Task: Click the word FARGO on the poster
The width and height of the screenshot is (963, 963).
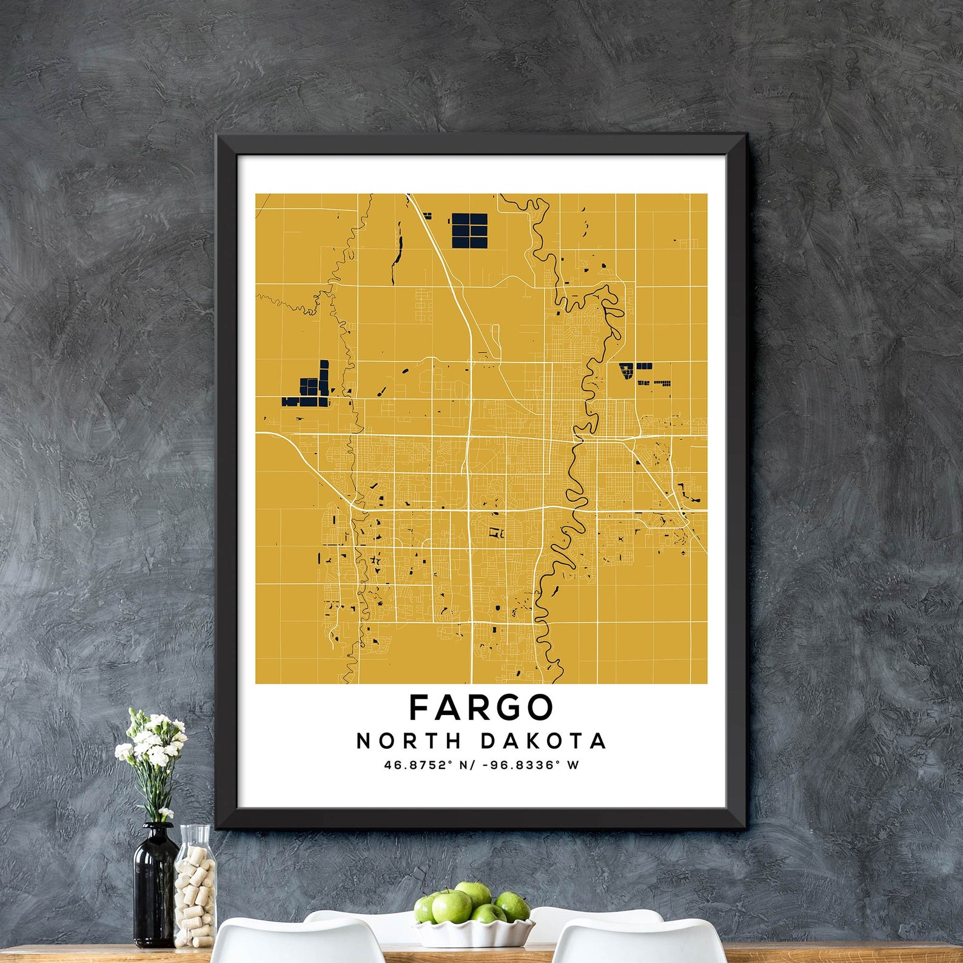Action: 481,707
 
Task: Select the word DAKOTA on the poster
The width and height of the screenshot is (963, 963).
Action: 543,741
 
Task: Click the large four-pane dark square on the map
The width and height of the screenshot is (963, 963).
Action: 469,230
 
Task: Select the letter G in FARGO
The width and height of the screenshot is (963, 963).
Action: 508,707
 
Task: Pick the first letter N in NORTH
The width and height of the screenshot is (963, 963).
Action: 363,741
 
